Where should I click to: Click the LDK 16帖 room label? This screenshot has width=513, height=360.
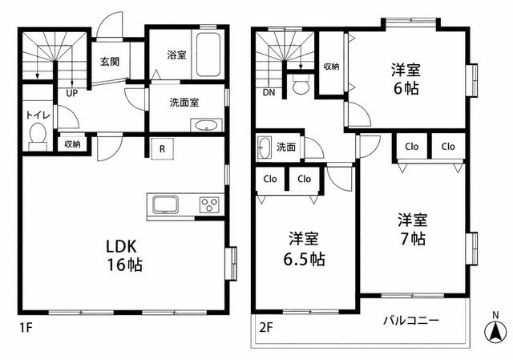[124, 255]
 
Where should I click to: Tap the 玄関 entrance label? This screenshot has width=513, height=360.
[110, 62]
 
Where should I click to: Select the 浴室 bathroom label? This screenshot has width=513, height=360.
[176, 55]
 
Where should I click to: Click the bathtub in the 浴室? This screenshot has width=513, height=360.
[208, 55]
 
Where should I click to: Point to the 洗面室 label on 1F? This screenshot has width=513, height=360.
[184, 103]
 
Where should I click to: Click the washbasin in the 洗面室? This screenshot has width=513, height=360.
[206, 125]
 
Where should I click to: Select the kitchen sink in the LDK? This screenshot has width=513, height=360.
[166, 204]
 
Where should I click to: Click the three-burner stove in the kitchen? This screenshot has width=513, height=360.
[209, 204]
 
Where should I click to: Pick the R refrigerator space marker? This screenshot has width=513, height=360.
[162, 149]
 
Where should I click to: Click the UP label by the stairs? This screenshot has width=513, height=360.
[72, 93]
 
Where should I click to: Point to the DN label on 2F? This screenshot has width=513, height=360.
[269, 93]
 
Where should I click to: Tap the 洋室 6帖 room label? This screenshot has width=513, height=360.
[406, 79]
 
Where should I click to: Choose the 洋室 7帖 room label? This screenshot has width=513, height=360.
[413, 230]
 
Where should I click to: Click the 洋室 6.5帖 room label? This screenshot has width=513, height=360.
[304, 249]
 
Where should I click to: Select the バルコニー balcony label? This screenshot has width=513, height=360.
[411, 321]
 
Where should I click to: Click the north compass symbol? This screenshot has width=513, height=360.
[495, 330]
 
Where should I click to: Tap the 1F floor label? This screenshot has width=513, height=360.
[26, 327]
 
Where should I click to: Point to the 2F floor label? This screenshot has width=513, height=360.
[266, 327]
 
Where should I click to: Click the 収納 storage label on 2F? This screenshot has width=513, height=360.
[331, 67]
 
